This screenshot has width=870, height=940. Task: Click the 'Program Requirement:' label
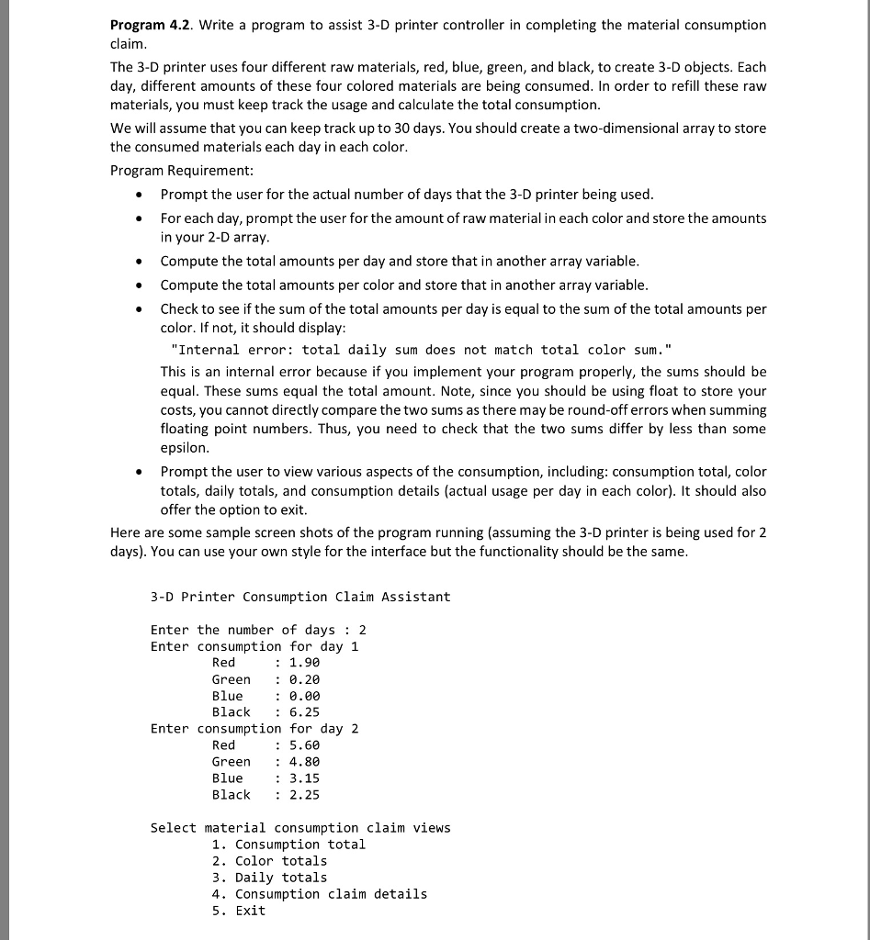point(181,171)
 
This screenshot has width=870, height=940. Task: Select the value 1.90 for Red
point(304,663)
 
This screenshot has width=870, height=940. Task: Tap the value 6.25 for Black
point(304,712)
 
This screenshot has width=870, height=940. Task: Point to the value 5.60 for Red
point(304,745)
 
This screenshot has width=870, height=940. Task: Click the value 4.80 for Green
point(304,762)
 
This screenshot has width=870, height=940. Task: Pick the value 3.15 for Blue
point(304,778)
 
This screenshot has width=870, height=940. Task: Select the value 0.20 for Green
point(304,679)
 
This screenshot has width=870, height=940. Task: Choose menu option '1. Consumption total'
point(288,845)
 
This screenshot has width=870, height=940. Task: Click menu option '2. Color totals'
point(269,861)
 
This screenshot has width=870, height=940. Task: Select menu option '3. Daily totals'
point(269,878)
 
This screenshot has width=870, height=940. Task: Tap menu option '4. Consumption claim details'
point(319,894)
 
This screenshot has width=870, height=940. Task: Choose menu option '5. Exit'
point(238,911)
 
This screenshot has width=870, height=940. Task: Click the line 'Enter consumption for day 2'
point(254,729)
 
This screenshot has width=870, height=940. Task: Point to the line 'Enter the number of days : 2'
point(258,630)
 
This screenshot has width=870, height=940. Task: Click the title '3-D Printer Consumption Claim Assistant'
point(300,597)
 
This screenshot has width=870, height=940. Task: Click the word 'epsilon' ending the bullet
point(185,448)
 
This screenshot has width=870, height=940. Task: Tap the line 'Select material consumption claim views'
point(300,828)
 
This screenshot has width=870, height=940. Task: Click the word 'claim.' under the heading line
point(128,44)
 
